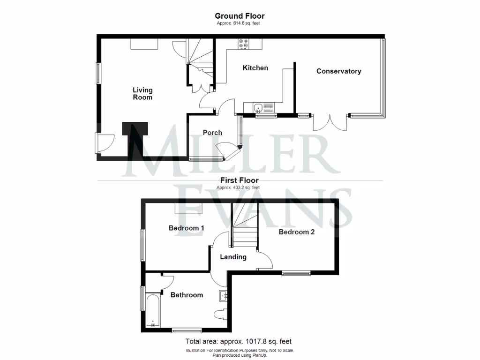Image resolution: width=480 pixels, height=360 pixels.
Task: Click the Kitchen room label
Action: pos(255,68)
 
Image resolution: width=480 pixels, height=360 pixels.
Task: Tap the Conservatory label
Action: pos(338,71)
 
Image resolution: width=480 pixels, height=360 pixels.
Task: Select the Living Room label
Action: pos(142,94)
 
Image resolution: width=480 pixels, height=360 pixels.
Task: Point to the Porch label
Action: pos(212,133)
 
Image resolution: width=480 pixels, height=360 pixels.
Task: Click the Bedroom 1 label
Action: pos(187,228)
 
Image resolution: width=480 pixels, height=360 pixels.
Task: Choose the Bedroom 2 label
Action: pos(296,232)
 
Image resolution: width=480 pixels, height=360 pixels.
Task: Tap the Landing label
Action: pos(233,257)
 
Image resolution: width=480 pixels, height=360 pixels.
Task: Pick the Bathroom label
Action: pos(187,295)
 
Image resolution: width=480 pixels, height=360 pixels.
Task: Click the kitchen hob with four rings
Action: pos(244,44)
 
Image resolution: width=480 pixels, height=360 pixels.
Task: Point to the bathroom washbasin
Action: pos(223,295)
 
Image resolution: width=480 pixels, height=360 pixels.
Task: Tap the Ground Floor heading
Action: pos(240,16)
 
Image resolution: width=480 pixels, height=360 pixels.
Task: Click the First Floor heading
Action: pos(240,180)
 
